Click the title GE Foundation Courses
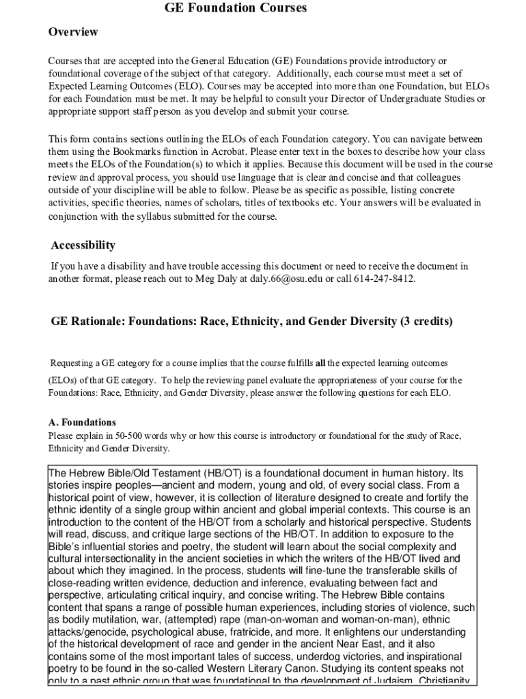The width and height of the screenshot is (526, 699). [236, 8]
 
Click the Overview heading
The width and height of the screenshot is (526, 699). [73, 32]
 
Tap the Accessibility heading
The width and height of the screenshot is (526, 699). [83, 245]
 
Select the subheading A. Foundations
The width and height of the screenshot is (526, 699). [82, 423]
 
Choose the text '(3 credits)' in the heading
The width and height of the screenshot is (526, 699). [425, 321]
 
